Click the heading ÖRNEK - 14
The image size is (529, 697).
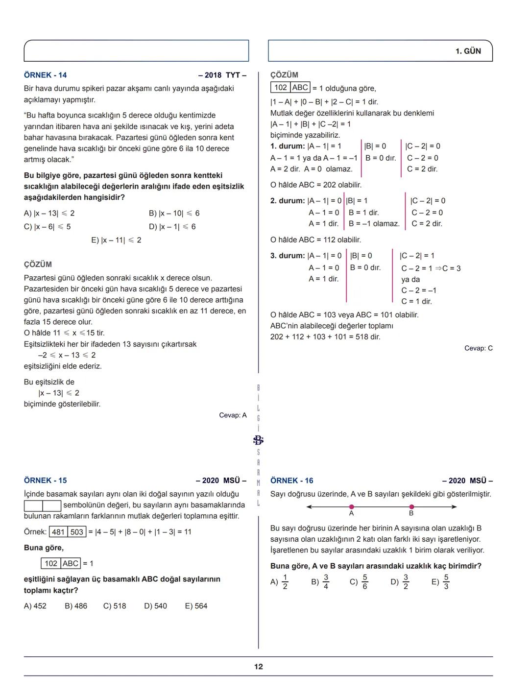[45, 75]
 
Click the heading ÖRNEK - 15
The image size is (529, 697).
[45, 481]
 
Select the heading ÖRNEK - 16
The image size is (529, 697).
[291, 481]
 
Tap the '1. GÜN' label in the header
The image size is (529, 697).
[468, 51]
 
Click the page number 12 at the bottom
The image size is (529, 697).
[259, 666]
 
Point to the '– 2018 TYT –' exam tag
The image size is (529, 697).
[222, 75]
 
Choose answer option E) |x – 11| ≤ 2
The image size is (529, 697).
[116, 240]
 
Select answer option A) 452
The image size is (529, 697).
[35, 606]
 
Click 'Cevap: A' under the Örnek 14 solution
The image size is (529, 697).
[233, 415]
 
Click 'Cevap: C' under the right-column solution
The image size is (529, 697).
[479, 348]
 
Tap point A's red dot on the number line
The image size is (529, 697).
[352, 507]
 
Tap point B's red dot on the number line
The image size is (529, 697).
[411, 507]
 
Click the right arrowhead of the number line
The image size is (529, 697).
[454, 507]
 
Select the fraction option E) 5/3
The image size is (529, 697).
[440, 582]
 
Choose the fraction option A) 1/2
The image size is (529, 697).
[280, 582]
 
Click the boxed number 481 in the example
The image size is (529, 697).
[58, 532]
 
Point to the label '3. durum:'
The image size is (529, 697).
[288, 256]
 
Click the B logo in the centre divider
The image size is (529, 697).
[259, 440]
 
